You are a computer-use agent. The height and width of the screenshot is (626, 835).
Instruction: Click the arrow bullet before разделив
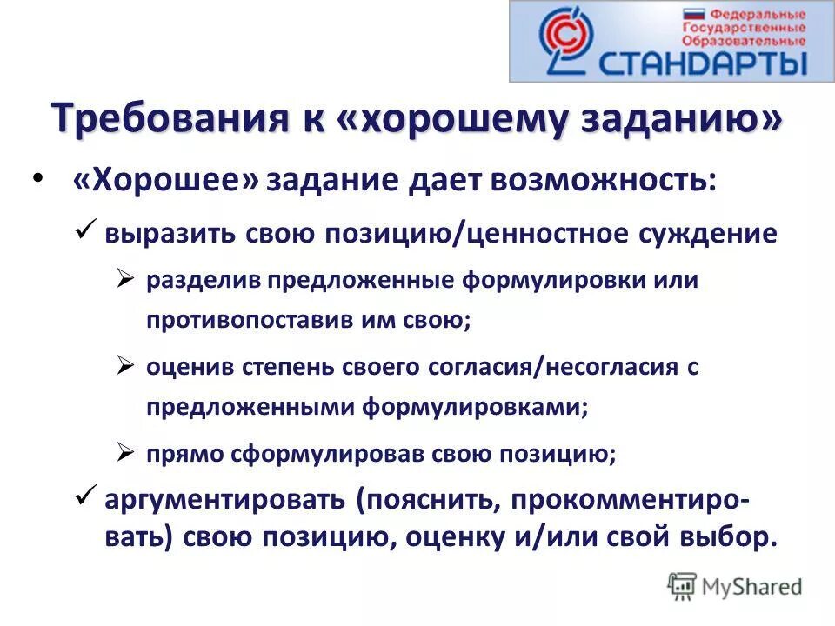pyautogui.click(x=124, y=279)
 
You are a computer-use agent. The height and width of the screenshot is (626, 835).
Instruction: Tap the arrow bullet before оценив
pyautogui.click(x=124, y=366)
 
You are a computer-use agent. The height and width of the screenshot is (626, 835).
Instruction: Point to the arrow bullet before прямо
pyautogui.click(x=124, y=452)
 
